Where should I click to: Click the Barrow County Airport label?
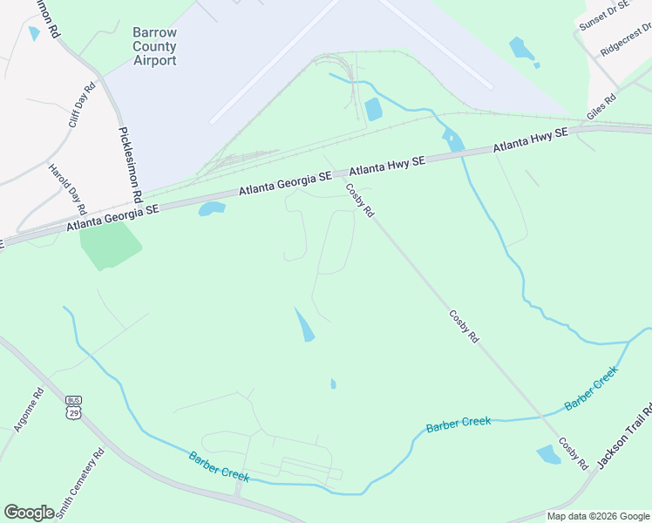point(154,46)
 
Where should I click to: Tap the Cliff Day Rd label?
point(80,105)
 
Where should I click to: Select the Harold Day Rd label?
point(67,189)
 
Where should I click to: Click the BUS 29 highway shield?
point(73,405)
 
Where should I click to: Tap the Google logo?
point(29,512)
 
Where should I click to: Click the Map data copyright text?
point(598,516)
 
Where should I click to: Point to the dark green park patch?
point(108,245)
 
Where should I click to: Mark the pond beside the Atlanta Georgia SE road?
point(212,208)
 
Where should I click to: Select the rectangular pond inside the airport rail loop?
point(373,110)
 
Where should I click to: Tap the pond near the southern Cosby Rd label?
point(549,454)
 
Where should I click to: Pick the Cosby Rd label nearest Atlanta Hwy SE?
point(359,200)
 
